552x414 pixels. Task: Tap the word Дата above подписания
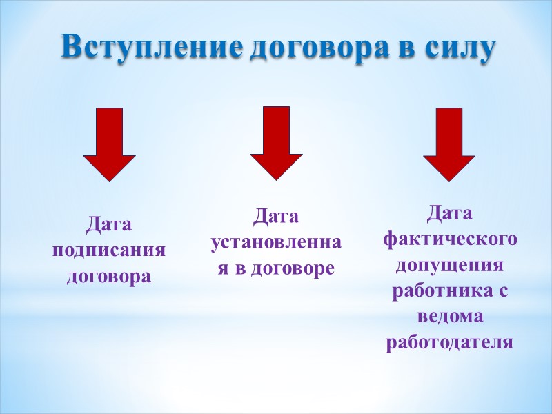[108, 224]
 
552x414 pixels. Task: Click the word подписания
[109, 250]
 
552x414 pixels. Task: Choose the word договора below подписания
[109, 277]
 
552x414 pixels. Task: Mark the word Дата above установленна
[276, 217]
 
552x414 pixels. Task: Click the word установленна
[276, 243]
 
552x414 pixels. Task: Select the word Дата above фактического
[449, 213]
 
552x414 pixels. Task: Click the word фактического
[450, 239]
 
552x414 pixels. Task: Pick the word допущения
[450, 265]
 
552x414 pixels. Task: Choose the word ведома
[450, 317]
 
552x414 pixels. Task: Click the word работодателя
[450, 343]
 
